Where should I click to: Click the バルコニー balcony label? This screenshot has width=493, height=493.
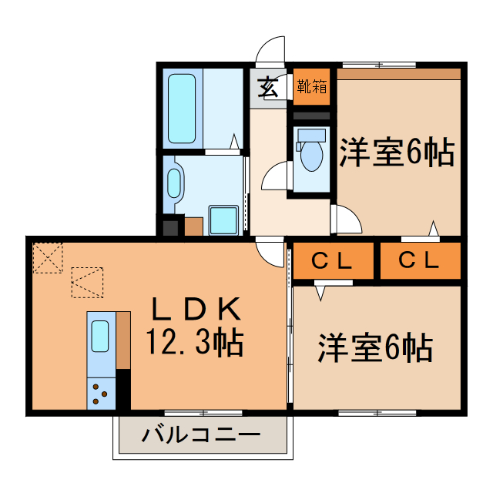click(x=201, y=436)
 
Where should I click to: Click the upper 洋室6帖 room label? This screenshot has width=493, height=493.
click(x=396, y=152)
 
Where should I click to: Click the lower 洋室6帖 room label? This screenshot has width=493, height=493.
click(x=375, y=348)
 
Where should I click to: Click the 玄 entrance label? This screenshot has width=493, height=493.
click(x=267, y=86)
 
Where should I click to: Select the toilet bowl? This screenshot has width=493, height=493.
click(x=311, y=155)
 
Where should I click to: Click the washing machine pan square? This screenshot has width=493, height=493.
click(x=223, y=220)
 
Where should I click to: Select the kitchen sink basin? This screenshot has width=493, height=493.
click(x=100, y=336)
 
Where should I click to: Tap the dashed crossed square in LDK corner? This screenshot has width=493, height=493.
click(x=48, y=257)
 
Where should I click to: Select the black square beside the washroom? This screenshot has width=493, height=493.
click(x=170, y=226)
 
